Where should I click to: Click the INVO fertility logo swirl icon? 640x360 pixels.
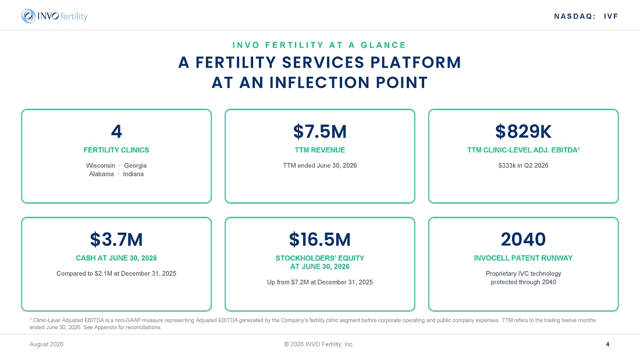pyautogui.click(x=29, y=16)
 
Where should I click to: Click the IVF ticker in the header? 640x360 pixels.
pyautogui.click(x=611, y=16)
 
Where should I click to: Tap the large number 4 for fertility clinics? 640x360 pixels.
pyautogui.click(x=116, y=131)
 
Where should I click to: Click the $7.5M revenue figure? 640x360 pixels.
pyautogui.click(x=320, y=131)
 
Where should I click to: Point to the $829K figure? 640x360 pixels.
pyautogui.click(x=523, y=131)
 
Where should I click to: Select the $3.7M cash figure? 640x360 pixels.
pyautogui.click(x=116, y=240)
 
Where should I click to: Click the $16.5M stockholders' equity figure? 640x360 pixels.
pyautogui.click(x=320, y=240)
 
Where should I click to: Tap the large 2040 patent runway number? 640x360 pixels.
pyautogui.click(x=523, y=240)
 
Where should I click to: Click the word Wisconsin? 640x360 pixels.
pyautogui.click(x=101, y=165)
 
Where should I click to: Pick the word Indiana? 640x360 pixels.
pyautogui.click(x=133, y=174)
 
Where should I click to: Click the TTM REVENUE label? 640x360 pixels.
pyautogui.click(x=320, y=150)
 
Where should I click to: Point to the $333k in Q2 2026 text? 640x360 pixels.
pyautogui.click(x=523, y=165)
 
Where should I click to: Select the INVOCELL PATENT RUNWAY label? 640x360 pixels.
pyautogui.click(x=523, y=258)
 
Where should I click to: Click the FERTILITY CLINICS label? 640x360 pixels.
pyautogui.click(x=116, y=150)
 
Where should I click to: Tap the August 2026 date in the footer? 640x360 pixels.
pyautogui.click(x=47, y=344)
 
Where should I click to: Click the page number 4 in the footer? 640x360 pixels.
pyautogui.click(x=608, y=344)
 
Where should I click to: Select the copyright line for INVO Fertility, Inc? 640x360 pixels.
pyautogui.click(x=319, y=344)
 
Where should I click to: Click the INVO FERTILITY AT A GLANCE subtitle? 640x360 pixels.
pyautogui.click(x=319, y=45)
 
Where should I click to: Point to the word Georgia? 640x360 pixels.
pyautogui.click(x=136, y=165)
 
